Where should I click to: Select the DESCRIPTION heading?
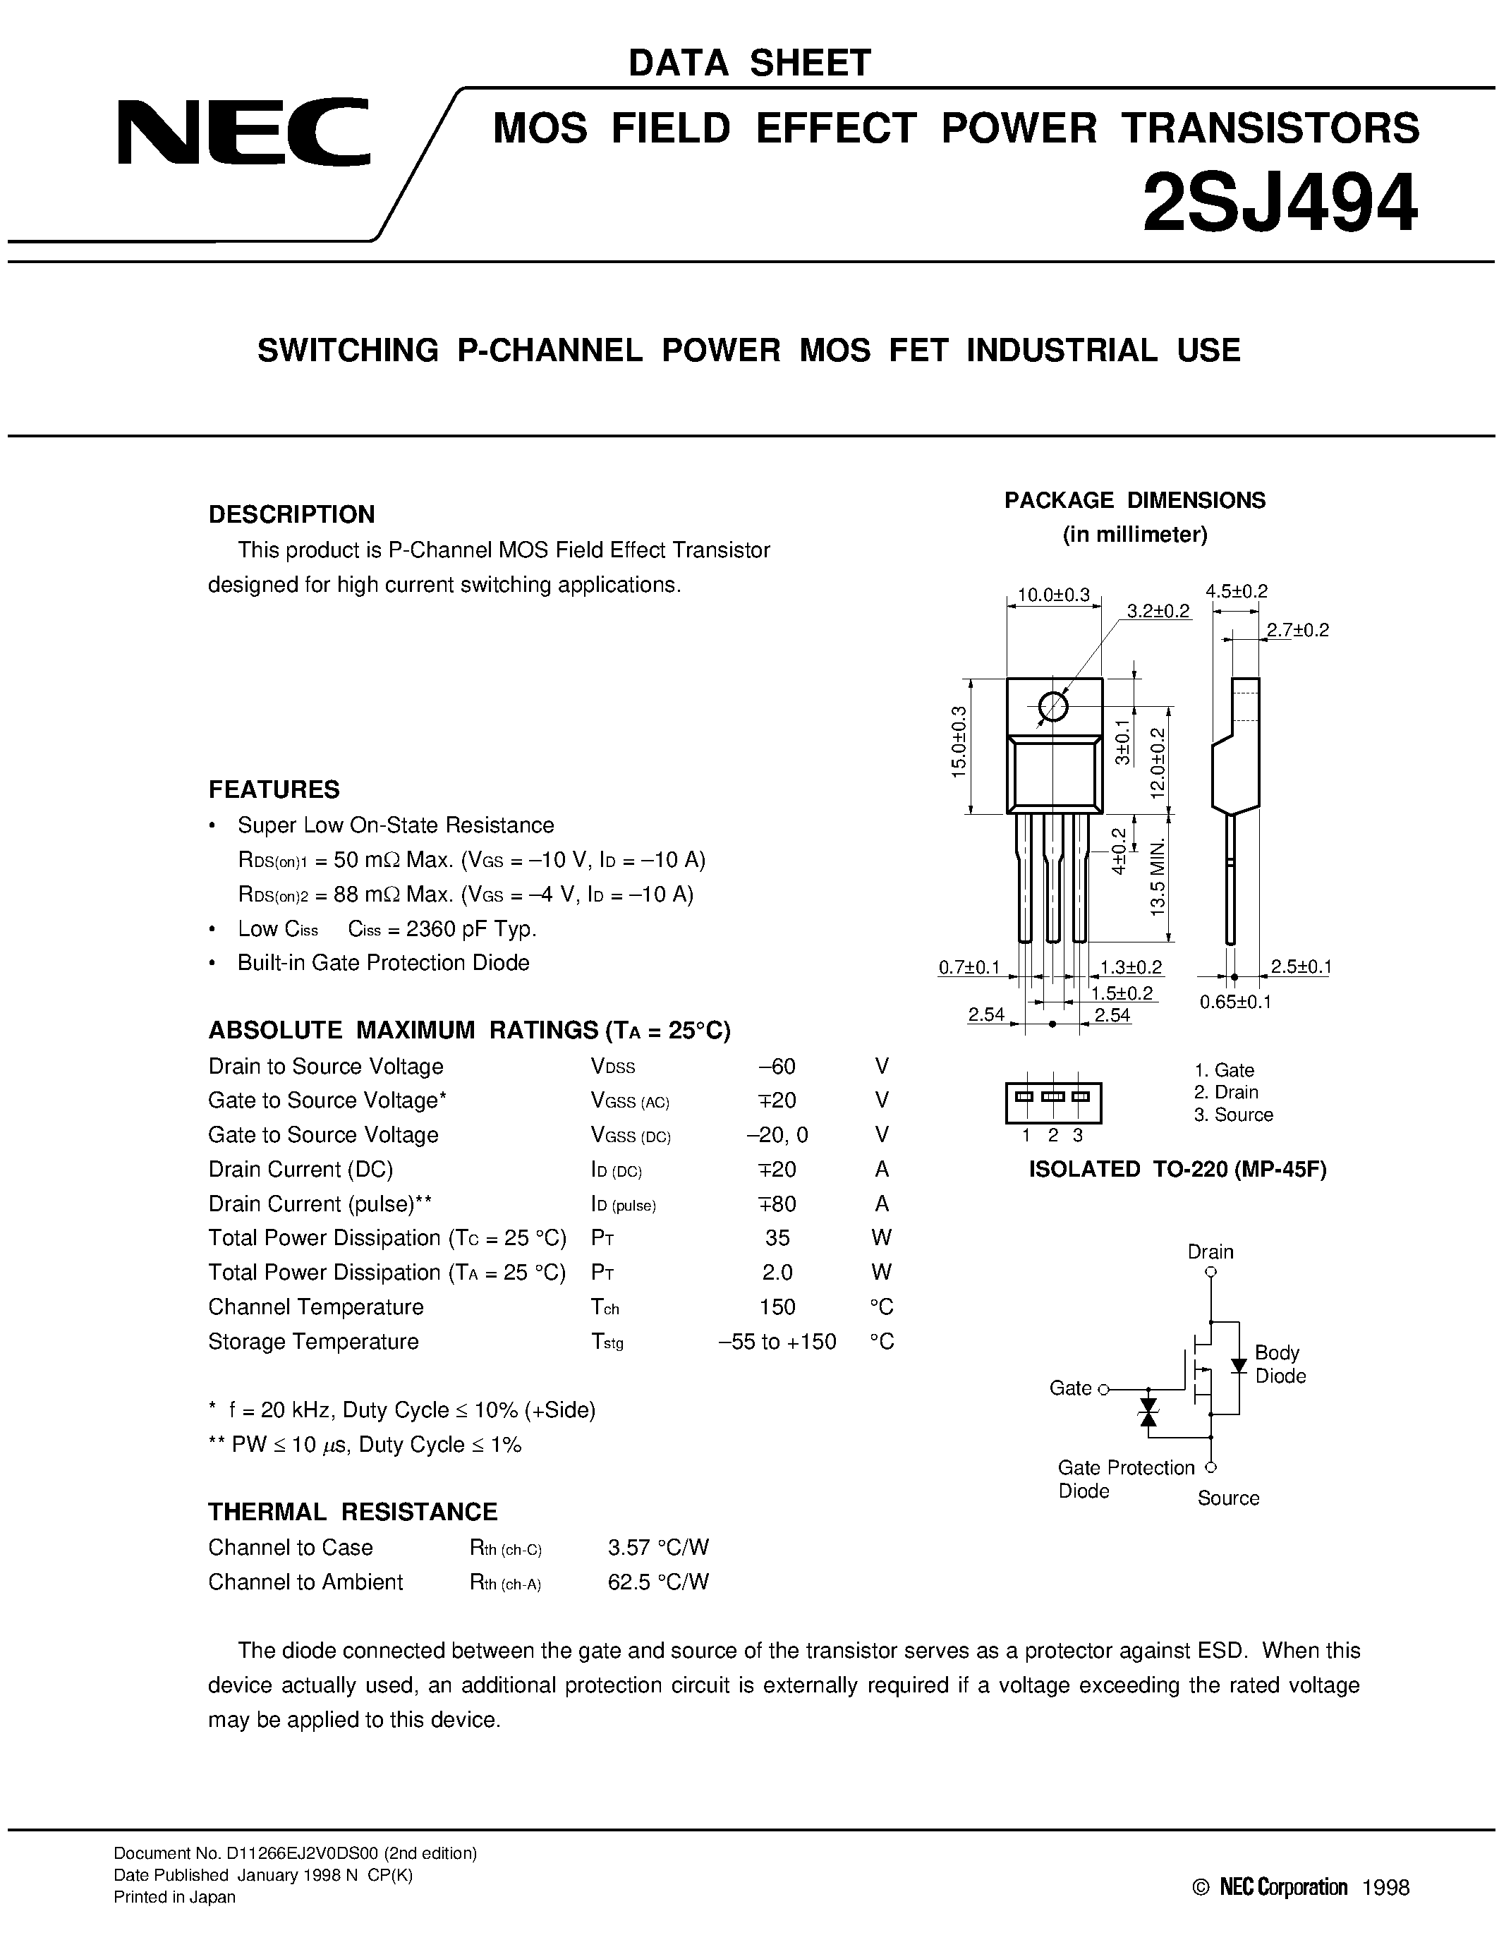(291, 514)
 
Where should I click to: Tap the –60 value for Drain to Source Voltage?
(777, 1066)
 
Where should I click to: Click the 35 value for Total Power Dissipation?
(777, 1238)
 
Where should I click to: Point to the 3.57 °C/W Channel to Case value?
(658, 1547)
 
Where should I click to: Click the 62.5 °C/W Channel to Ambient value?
(658, 1582)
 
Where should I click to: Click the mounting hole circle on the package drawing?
(1052, 707)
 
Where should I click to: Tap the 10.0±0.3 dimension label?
(1052, 595)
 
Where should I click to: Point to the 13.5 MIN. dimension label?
(1158, 888)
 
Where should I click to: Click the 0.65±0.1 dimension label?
(1235, 1002)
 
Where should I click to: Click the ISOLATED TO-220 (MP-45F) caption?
(1177, 1170)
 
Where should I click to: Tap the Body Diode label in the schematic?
(1279, 1364)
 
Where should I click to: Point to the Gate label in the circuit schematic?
(1070, 1388)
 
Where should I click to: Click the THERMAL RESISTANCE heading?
(353, 1512)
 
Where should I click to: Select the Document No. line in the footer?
(295, 1853)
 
